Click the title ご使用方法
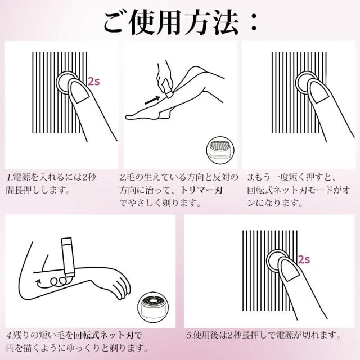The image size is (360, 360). (x=171, y=23)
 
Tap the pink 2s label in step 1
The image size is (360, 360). (x=94, y=81)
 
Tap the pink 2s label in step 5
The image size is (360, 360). (x=304, y=259)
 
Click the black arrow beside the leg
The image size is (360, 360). (x=152, y=100)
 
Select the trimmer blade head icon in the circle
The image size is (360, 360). (x=220, y=150)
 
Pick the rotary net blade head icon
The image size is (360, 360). (x=151, y=307)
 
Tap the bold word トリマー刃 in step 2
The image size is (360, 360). (x=201, y=190)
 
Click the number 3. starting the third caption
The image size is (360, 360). (x=251, y=177)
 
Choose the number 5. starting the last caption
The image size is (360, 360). (x=190, y=335)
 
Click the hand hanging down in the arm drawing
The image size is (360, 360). (x=119, y=287)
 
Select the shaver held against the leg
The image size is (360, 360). (x=168, y=90)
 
